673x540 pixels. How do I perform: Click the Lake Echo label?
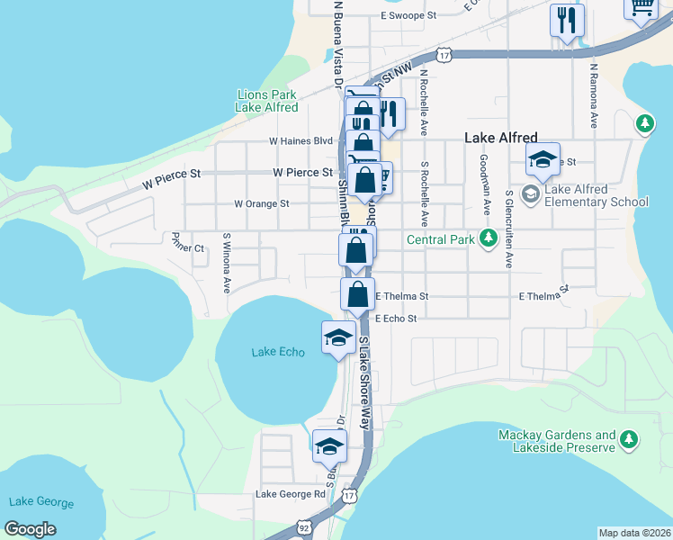(278, 352)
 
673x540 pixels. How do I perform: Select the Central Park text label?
(439, 239)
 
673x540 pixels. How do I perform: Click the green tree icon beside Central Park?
(488, 238)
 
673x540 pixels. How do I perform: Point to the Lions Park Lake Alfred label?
(266, 101)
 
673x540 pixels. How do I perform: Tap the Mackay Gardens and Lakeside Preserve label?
(557, 441)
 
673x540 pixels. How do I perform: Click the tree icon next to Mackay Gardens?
(629, 440)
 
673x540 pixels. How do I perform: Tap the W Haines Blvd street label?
(301, 141)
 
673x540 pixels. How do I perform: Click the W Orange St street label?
(261, 204)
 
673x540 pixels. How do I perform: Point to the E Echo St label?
(396, 319)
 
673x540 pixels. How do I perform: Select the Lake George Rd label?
(290, 494)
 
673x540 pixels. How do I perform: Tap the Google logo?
(30, 529)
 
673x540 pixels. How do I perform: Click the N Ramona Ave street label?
(594, 94)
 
